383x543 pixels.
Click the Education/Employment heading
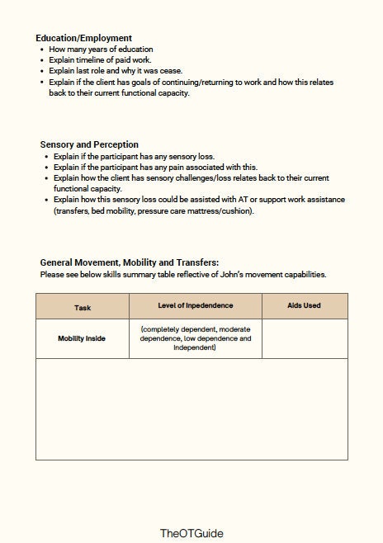83,38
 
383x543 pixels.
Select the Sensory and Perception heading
89,144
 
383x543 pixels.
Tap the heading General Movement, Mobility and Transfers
129,262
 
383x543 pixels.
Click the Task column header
83,306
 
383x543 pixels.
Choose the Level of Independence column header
196,305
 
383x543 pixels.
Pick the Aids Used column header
304,305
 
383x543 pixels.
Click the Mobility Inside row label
82,338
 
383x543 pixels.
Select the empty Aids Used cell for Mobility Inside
305,338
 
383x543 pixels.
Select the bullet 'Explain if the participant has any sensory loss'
132,156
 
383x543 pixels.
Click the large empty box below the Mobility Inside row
191,408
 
